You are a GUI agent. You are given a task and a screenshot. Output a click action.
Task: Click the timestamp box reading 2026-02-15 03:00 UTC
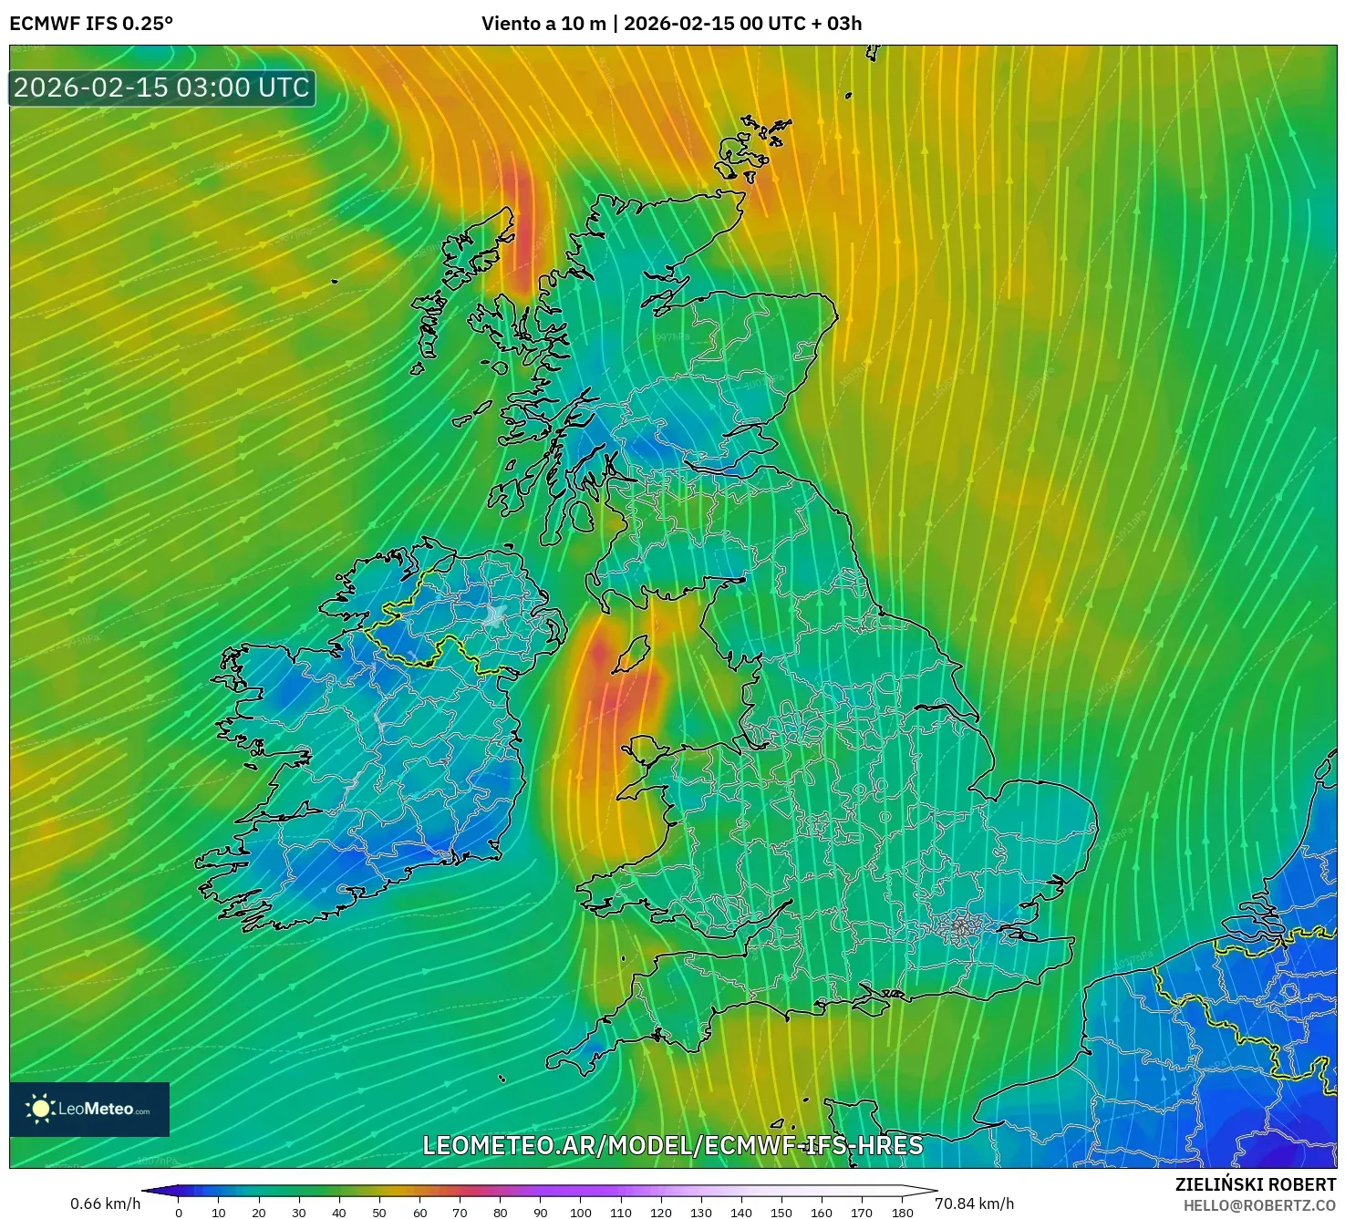tap(162, 88)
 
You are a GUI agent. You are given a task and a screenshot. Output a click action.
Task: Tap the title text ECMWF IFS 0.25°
tap(91, 23)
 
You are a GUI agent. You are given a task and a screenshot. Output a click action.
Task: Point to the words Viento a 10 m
tap(543, 23)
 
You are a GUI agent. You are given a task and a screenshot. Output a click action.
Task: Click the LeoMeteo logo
tap(89, 1109)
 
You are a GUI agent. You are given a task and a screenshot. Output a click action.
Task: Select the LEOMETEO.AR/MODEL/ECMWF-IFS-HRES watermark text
tap(673, 1145)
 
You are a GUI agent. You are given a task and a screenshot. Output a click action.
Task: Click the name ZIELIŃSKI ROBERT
tap(1256, 1185)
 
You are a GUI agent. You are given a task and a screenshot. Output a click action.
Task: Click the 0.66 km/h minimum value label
tap(106, 1204)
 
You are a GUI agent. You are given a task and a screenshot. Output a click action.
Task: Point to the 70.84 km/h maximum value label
tap(974, 1204)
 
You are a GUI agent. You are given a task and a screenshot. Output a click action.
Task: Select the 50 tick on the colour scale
tap(379, 1213)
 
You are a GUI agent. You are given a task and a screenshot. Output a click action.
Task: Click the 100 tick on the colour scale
tap(581, 1213)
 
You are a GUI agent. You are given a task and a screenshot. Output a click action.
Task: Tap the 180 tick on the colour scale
tap(902, 1213)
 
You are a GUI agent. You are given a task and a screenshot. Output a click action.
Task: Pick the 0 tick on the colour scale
tap(179, 1213)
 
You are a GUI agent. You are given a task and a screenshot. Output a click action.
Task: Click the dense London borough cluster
tap(959, 927)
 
